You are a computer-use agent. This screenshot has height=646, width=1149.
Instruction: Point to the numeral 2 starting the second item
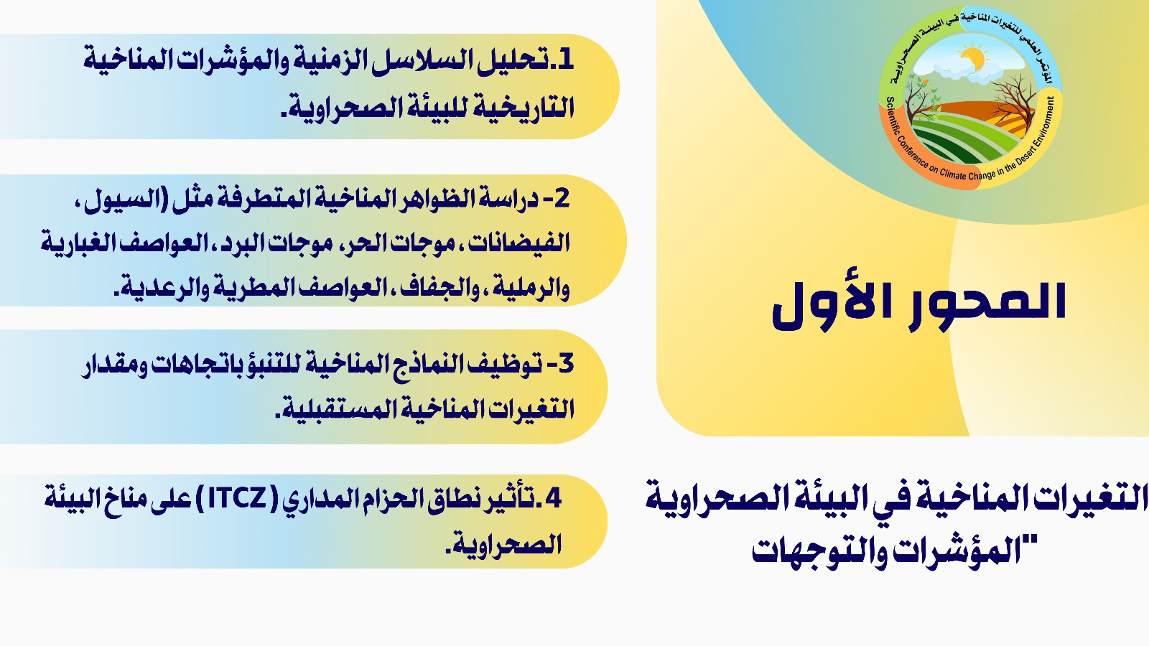point(562,198)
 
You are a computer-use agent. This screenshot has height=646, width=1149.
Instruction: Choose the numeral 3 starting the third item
point(565,363)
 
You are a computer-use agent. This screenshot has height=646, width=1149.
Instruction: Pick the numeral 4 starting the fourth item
point(554,497)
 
